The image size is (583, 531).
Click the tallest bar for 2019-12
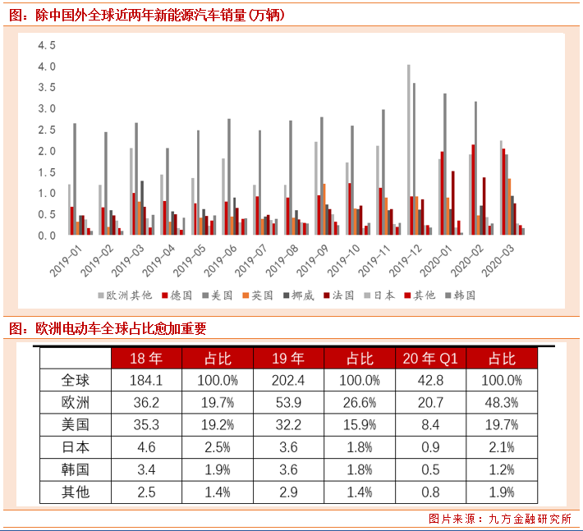pos(408,149)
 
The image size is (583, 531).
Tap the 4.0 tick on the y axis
pos(46,66)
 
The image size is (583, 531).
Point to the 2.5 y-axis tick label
pos(46,130)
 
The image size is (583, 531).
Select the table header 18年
pos(147,359)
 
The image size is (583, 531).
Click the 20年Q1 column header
pos(431,359)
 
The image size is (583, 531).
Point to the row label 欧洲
pos(76,403)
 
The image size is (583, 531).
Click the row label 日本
pos(76,447)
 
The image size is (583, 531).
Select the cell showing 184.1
pos(147,381)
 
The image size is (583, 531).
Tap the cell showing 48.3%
pos(502,403)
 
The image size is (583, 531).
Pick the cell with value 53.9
pos(289,403)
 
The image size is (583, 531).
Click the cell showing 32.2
pos(289,425)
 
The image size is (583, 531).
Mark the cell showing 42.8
pos(431,381)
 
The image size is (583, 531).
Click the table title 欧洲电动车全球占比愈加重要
pos(120,329)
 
